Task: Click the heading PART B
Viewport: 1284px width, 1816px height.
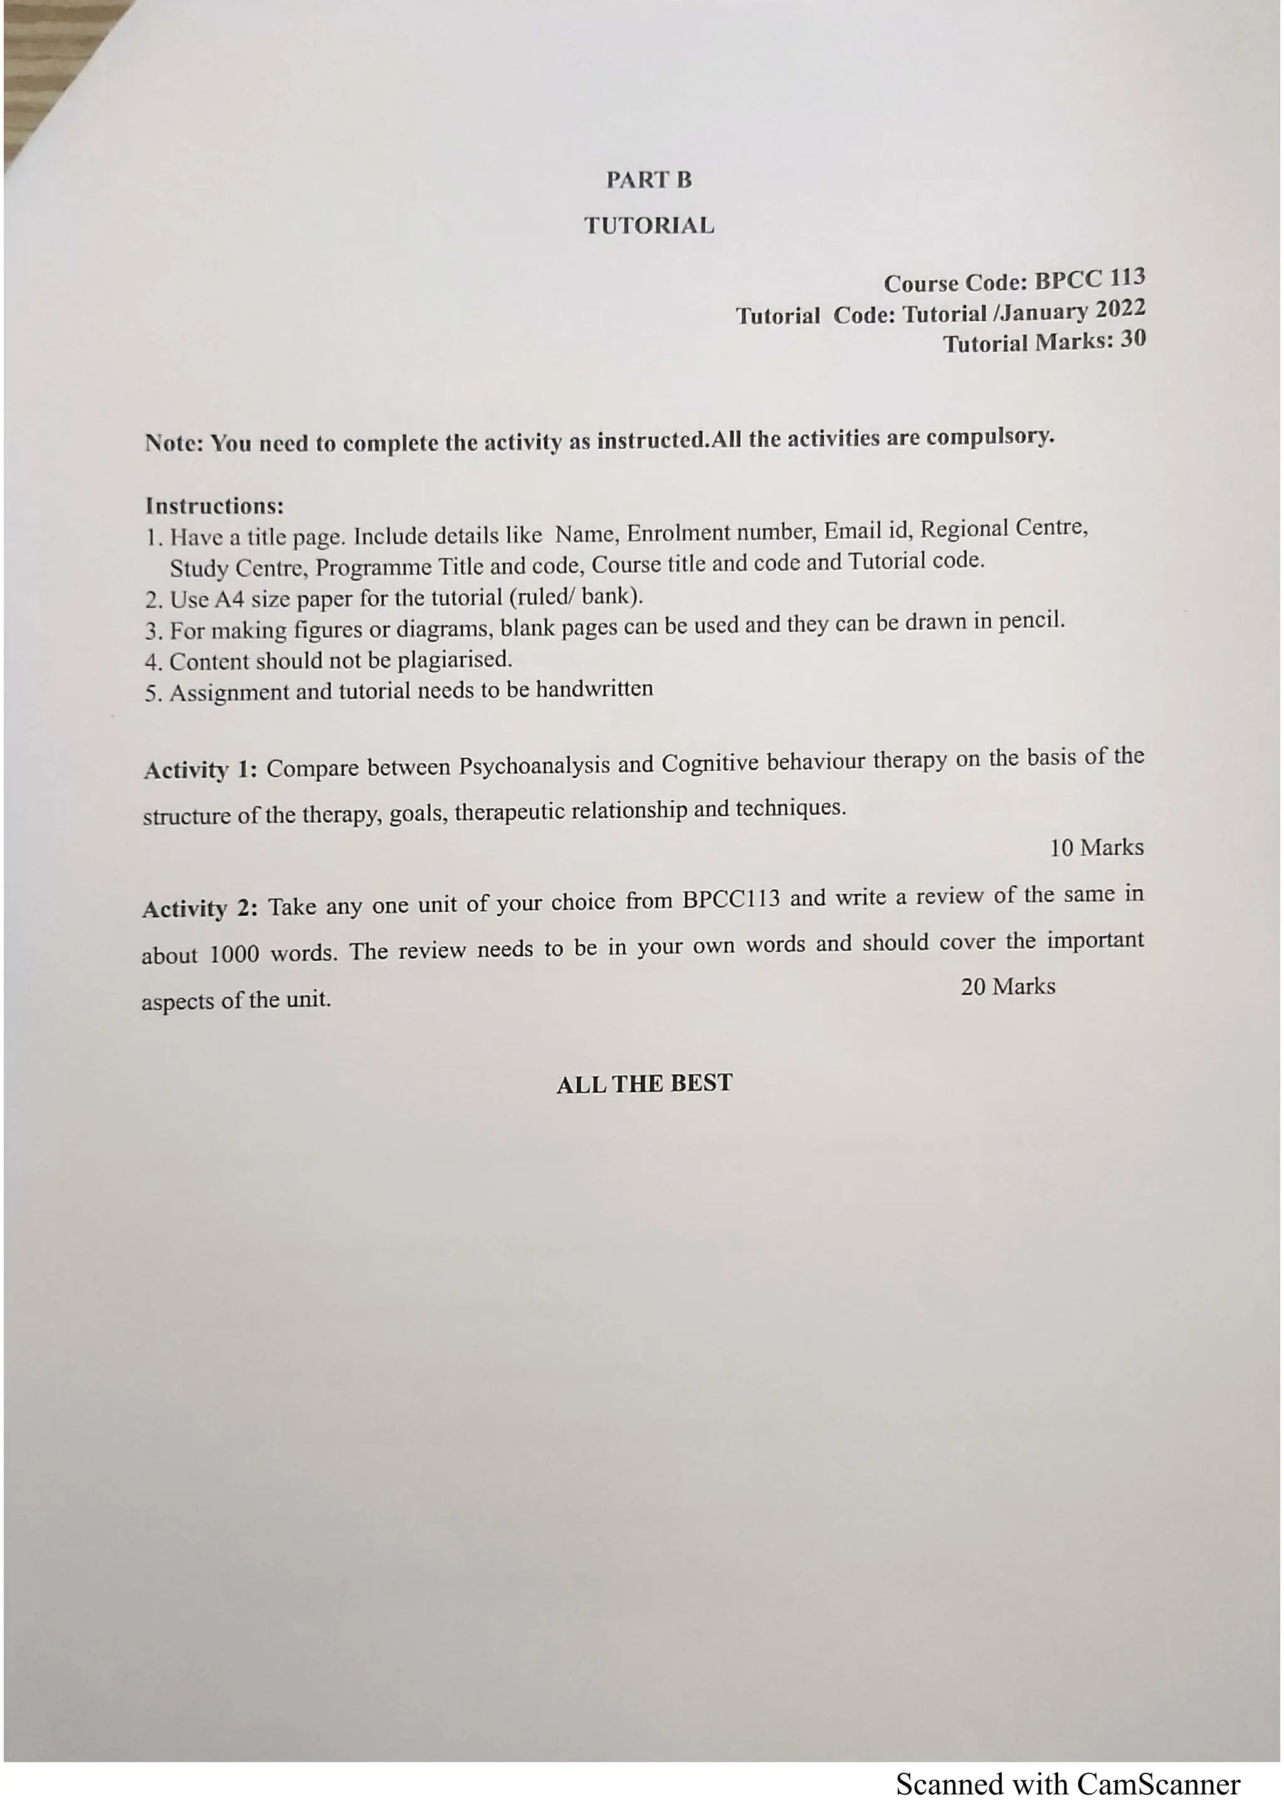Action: (x=649, y=180)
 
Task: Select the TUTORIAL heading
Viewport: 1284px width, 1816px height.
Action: (x=649, y=226)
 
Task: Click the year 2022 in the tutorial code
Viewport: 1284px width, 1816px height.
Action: (x=1120, y=308)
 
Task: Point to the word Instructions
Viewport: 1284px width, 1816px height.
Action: (x=214, y=506)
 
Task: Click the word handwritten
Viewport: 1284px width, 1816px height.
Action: (x=594, y=690)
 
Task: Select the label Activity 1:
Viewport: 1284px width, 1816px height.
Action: (x=200, y=770)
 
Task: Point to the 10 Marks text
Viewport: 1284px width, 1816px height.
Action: (x=1096, y=848)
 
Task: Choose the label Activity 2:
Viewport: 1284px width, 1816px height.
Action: (x=199, y=909)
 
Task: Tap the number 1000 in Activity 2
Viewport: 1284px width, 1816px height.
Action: (x=234, y=954)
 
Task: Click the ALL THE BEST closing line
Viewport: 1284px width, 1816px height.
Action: (x=644, y=1083)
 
